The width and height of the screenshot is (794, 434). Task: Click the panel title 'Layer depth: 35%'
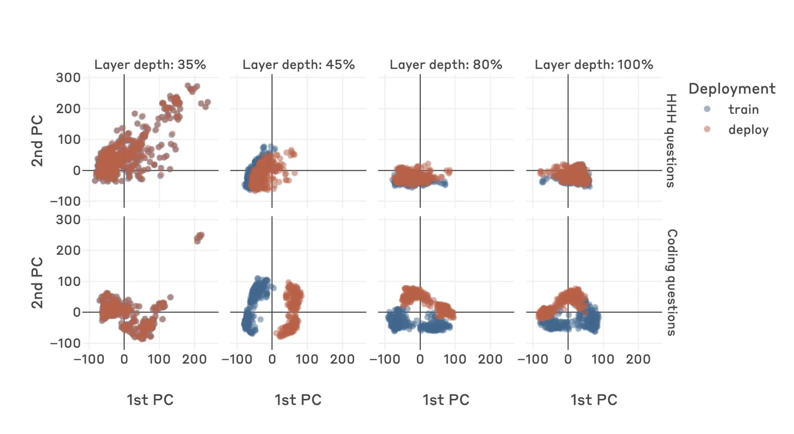150,65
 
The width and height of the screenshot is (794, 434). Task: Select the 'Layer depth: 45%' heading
298,65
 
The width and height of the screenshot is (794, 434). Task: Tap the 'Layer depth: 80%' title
446,65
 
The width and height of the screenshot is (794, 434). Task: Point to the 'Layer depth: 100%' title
594,65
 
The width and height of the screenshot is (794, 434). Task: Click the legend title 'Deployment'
732,89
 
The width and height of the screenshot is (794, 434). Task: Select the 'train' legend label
743,109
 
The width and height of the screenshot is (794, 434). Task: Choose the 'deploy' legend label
748,129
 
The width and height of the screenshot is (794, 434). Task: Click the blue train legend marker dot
707,109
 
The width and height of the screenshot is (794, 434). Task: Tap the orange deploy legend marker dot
707,129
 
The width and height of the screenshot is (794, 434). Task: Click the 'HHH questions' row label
671,141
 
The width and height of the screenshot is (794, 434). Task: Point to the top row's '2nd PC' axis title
37,141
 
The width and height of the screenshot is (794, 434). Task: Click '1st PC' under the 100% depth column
594,400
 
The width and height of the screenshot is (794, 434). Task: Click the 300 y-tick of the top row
68,78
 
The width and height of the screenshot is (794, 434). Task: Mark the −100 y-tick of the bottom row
65,343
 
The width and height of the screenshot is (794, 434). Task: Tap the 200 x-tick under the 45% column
342,359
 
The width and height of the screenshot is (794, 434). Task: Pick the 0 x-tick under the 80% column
420,359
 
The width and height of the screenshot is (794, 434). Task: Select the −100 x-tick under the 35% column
89,359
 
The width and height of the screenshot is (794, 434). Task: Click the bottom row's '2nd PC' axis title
37,282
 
